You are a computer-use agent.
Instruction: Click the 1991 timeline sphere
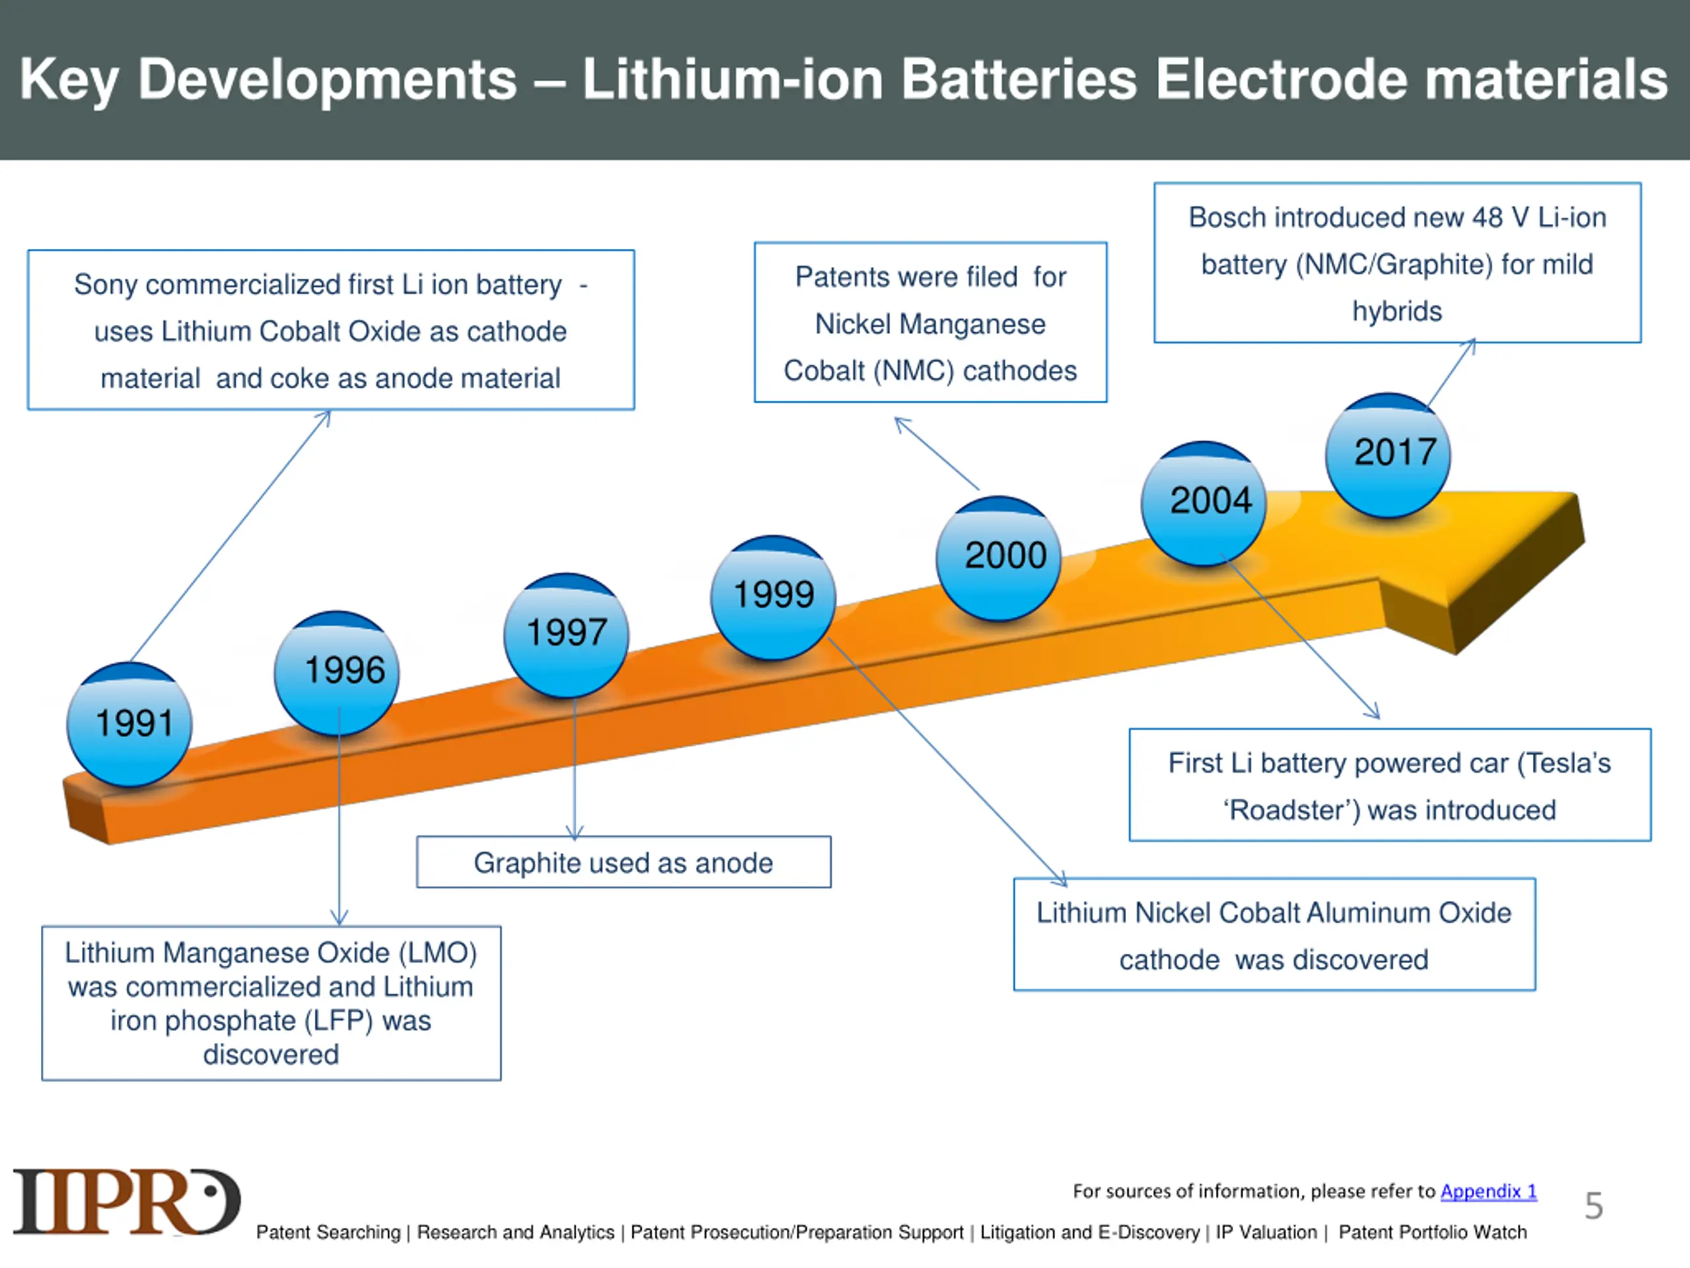pyautogui.click(x=129, y=724)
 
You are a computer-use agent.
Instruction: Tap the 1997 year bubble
pyautogui.click(x=566, y=635)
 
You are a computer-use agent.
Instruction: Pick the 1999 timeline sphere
pyautogui.click(x=773, y=598)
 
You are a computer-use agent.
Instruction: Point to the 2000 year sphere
pyautogui.click(x=999, y=558)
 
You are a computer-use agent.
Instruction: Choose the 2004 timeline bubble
pyautogui.click(x=1204, y=504)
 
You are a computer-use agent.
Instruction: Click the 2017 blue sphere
pyautogui.click(x=1388, y=456)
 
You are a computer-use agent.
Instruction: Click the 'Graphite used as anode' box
pyautogui.click(x=623, y=862)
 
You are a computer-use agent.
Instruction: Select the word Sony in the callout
pyautogui.click(x=106, y=285)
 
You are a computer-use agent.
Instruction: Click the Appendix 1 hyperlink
pyautogui.click(x=1488, y=1191)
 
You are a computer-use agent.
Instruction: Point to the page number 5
pyautogui.click(x=1594, y=1205)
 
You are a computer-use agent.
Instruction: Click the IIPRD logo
pyautogui.click(x=127, y=1201)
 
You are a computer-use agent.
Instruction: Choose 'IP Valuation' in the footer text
pyautogui.click(x=1267, y=1232)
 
